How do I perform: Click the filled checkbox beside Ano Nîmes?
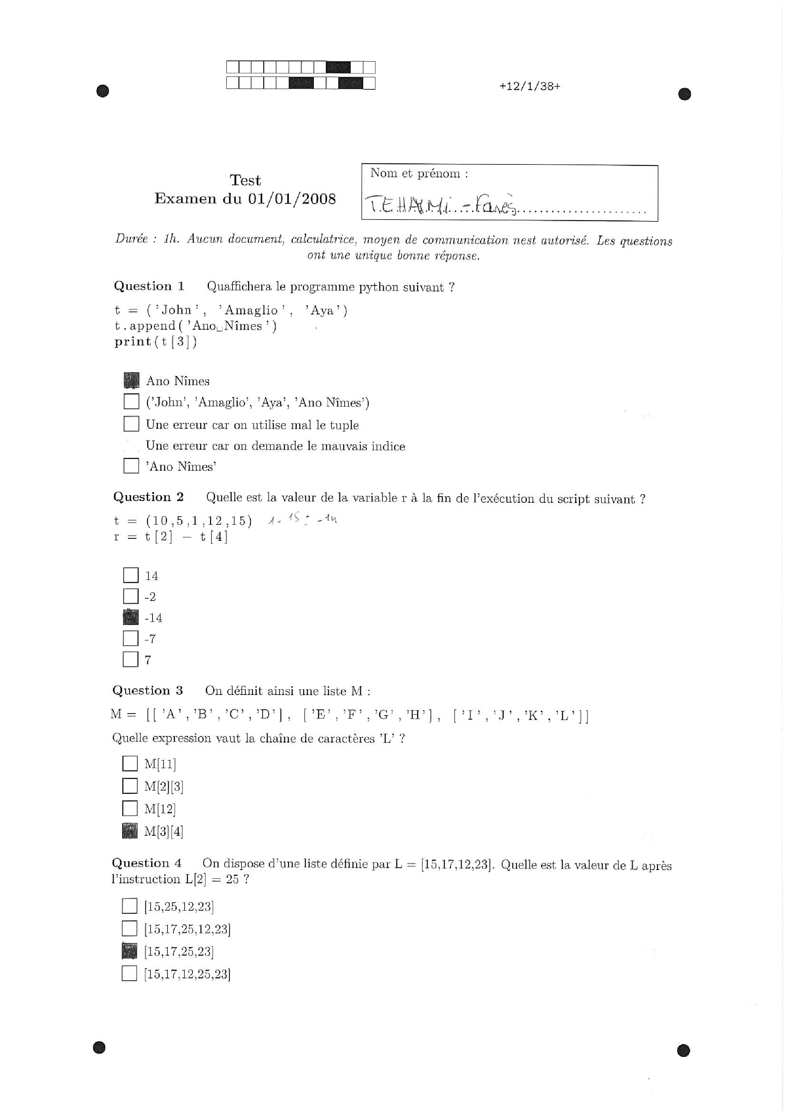pyautogui.click(x=131, y=380)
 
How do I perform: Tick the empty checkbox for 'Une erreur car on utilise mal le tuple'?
pyautogui.click(x=131, y=424)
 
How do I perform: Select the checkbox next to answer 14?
pyautogui.click(x=131, y=575)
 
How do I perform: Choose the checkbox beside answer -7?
pyautogui.click(x=131, y=638)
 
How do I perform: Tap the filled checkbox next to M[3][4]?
pyautogui.click(x=130, y=831)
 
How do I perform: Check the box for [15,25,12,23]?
pyautogui.click(x=129, y=906)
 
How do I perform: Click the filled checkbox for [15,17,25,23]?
pyautogui.click(x=129, y=951)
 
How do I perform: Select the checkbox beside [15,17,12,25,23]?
pyautogui.click(x=129, y=973)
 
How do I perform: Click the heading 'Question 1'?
pyautogui.click(x=149, y=286)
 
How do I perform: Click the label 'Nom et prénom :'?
pyautogui.click(x=419, y=174)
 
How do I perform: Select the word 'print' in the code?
pyautogui.click(x=133, y=341)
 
